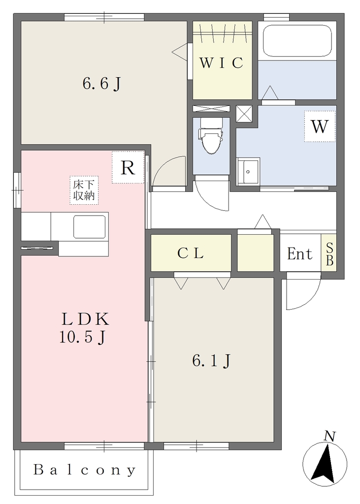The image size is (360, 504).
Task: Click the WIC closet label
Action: point(221,63)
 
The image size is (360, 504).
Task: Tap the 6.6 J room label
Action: point(101,84)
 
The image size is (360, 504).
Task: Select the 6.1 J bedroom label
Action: point(211,361)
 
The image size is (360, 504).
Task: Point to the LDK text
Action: point(85,319)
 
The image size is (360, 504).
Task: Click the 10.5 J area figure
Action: point(82,337)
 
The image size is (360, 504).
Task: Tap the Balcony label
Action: point(85,470)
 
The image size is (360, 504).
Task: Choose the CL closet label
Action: point(191,253)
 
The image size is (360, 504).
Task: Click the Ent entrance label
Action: point(299,254)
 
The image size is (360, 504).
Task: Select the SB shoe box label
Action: point(329,254)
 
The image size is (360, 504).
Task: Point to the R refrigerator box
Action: point(128,167)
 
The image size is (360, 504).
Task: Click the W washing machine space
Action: point(320,126)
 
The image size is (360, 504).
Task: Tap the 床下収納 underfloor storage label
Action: point(84,190)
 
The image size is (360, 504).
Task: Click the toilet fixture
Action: point(211,136)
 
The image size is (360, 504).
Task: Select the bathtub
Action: point(297,40)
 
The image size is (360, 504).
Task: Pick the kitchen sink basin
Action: point(90,226)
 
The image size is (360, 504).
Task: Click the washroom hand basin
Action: point(248,171)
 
